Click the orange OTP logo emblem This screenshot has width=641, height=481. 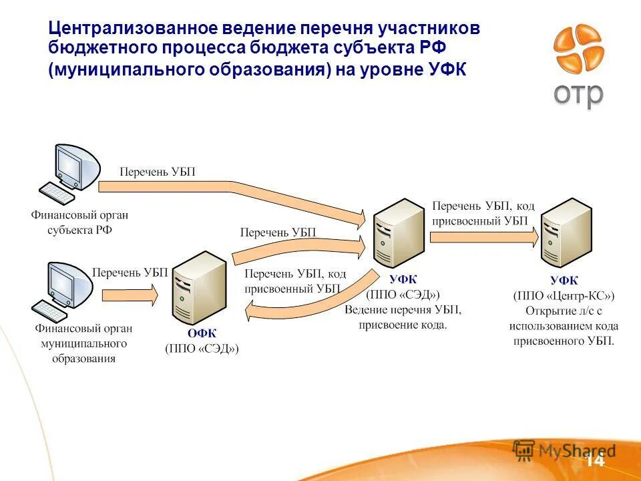pos(578,49)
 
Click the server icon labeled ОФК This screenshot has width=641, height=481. pos(198,288)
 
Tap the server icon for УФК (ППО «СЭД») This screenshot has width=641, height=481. pos(398,233)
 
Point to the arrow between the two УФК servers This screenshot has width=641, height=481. pos(483,236)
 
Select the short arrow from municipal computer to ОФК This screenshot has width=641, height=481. pos(130,294)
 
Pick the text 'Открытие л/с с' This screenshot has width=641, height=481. pos(563,311)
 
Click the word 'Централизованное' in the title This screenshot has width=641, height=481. pos(123,29)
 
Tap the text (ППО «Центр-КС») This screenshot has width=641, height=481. pos(564,296)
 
